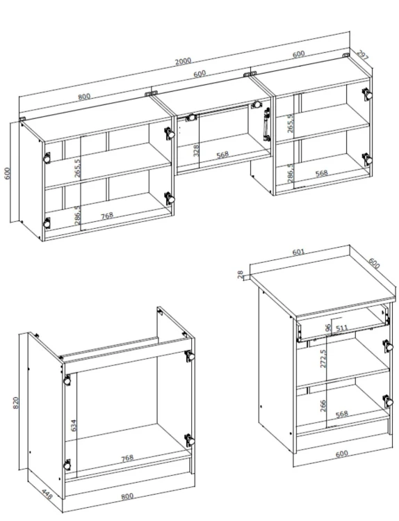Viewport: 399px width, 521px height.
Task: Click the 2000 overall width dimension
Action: pos(184,61)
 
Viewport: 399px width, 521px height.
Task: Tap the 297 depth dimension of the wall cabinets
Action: pos(362,55)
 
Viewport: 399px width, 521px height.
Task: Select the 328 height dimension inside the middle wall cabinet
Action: pos(196,151)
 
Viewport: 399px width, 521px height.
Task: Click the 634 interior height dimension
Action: pos(74,425)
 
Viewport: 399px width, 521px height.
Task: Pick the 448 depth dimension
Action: pos(47,494)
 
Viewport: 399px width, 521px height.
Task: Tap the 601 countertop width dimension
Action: pos(298,253)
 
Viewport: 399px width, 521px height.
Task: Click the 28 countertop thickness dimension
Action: pos(241,275)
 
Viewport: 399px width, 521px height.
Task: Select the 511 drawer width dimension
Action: pos(341,328)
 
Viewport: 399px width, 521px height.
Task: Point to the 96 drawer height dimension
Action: pos(328,328)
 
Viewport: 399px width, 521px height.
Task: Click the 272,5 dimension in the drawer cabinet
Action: pos(323,358)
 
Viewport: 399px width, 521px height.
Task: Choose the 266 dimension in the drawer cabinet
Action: pos(323,406)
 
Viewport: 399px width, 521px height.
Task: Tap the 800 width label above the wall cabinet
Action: pos(84,97)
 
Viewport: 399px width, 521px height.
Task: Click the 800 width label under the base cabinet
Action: pos(127,497)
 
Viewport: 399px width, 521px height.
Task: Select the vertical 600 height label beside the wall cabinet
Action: pos(8,173)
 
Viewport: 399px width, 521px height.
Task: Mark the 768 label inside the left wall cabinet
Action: pos(107,216)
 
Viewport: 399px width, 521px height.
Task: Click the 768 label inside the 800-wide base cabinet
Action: pos(127,458)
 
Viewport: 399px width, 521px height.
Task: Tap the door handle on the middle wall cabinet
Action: pos(266,125)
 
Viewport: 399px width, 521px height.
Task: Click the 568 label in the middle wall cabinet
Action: pos(222,154)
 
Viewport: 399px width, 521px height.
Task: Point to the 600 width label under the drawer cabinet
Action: pos(342,454)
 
